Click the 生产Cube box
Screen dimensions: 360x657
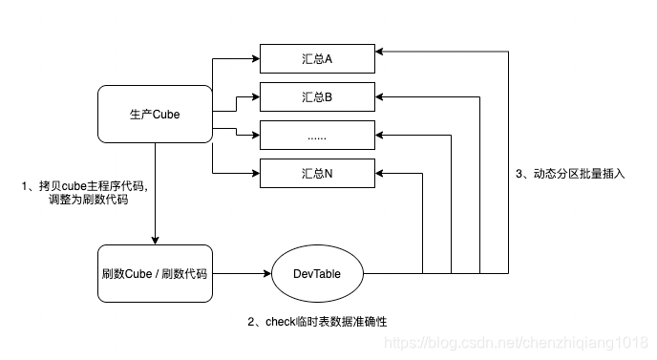(x=155, y=115)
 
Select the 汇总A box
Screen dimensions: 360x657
(x=315, y=57)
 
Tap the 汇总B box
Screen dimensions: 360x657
(x=315, y=96)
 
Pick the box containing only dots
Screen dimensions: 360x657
(x=315, y=136)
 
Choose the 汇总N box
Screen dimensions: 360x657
(x=315, y=174)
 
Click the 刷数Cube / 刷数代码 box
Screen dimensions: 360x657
(x=155, y=273)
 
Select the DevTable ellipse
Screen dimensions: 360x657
(x=317, y=273)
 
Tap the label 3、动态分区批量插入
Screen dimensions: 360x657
(x=571, y=174)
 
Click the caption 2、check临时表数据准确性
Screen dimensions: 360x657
(x=316, y=322)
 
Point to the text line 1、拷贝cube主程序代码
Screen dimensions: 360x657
(x=84, y=184)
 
